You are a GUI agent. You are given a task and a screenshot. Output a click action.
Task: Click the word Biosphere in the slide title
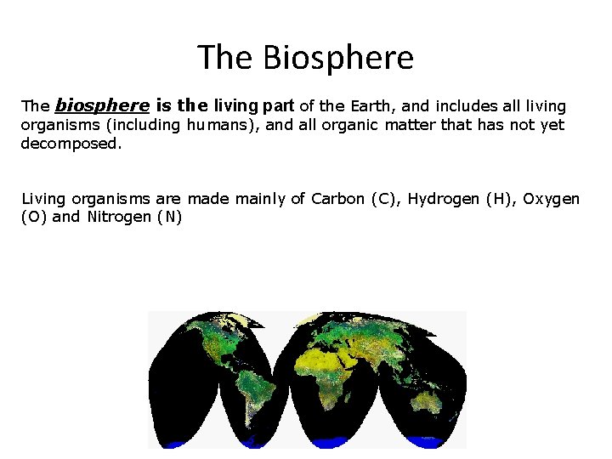338,58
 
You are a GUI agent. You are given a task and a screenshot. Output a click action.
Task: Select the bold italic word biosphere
102,106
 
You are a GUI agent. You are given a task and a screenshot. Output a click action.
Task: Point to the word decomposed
71,144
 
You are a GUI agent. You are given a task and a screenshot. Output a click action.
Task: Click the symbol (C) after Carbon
381,199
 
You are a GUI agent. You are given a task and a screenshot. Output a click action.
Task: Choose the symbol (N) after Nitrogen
169,217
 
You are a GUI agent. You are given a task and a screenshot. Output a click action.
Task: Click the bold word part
278,106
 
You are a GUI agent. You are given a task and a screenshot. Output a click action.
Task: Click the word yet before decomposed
552,126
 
